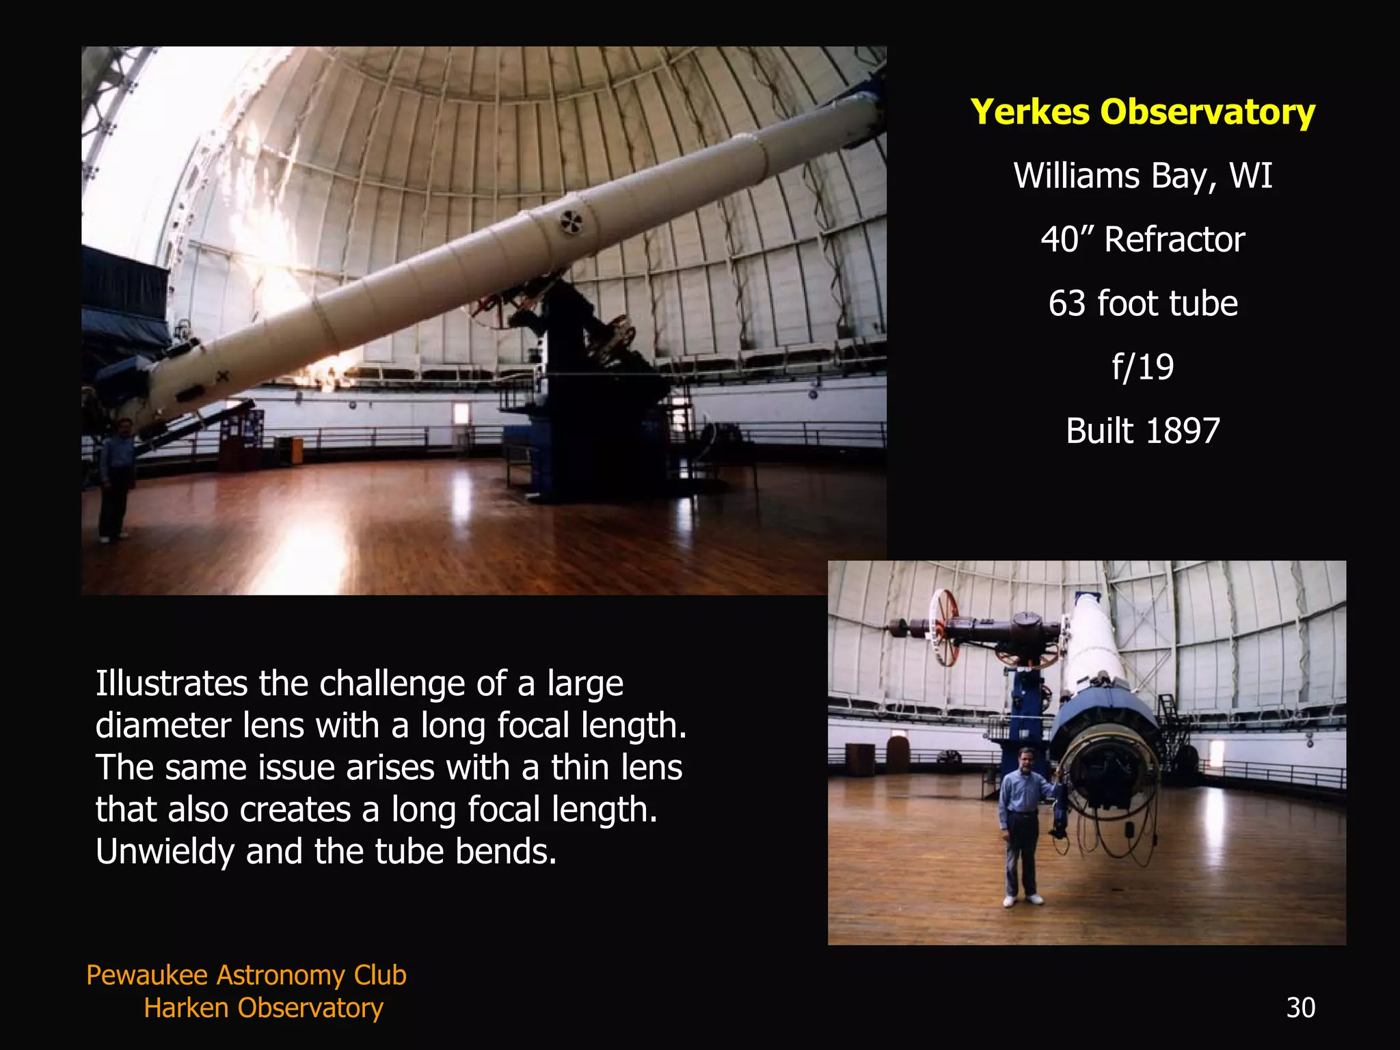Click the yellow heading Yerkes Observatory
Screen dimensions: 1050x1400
coord(1142,112)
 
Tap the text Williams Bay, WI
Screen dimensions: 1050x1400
coord(1142,176)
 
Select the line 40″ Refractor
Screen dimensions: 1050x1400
coord(1142,239)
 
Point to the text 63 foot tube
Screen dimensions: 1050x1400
coord(1142,304)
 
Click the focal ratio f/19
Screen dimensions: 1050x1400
coord(1142,367)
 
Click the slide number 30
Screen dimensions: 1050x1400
coord(1300,1008)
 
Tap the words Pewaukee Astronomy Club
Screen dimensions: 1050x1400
coord(246,975)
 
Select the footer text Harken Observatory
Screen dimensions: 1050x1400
coord(263,1008)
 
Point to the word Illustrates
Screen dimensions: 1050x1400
coord(171,683)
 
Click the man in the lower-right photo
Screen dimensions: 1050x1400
coord(1021,820)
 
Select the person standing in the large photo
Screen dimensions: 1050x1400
coord(116,479)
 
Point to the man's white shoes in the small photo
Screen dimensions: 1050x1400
coord(1023,900)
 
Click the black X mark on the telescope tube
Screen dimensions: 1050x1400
coord(223,376)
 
